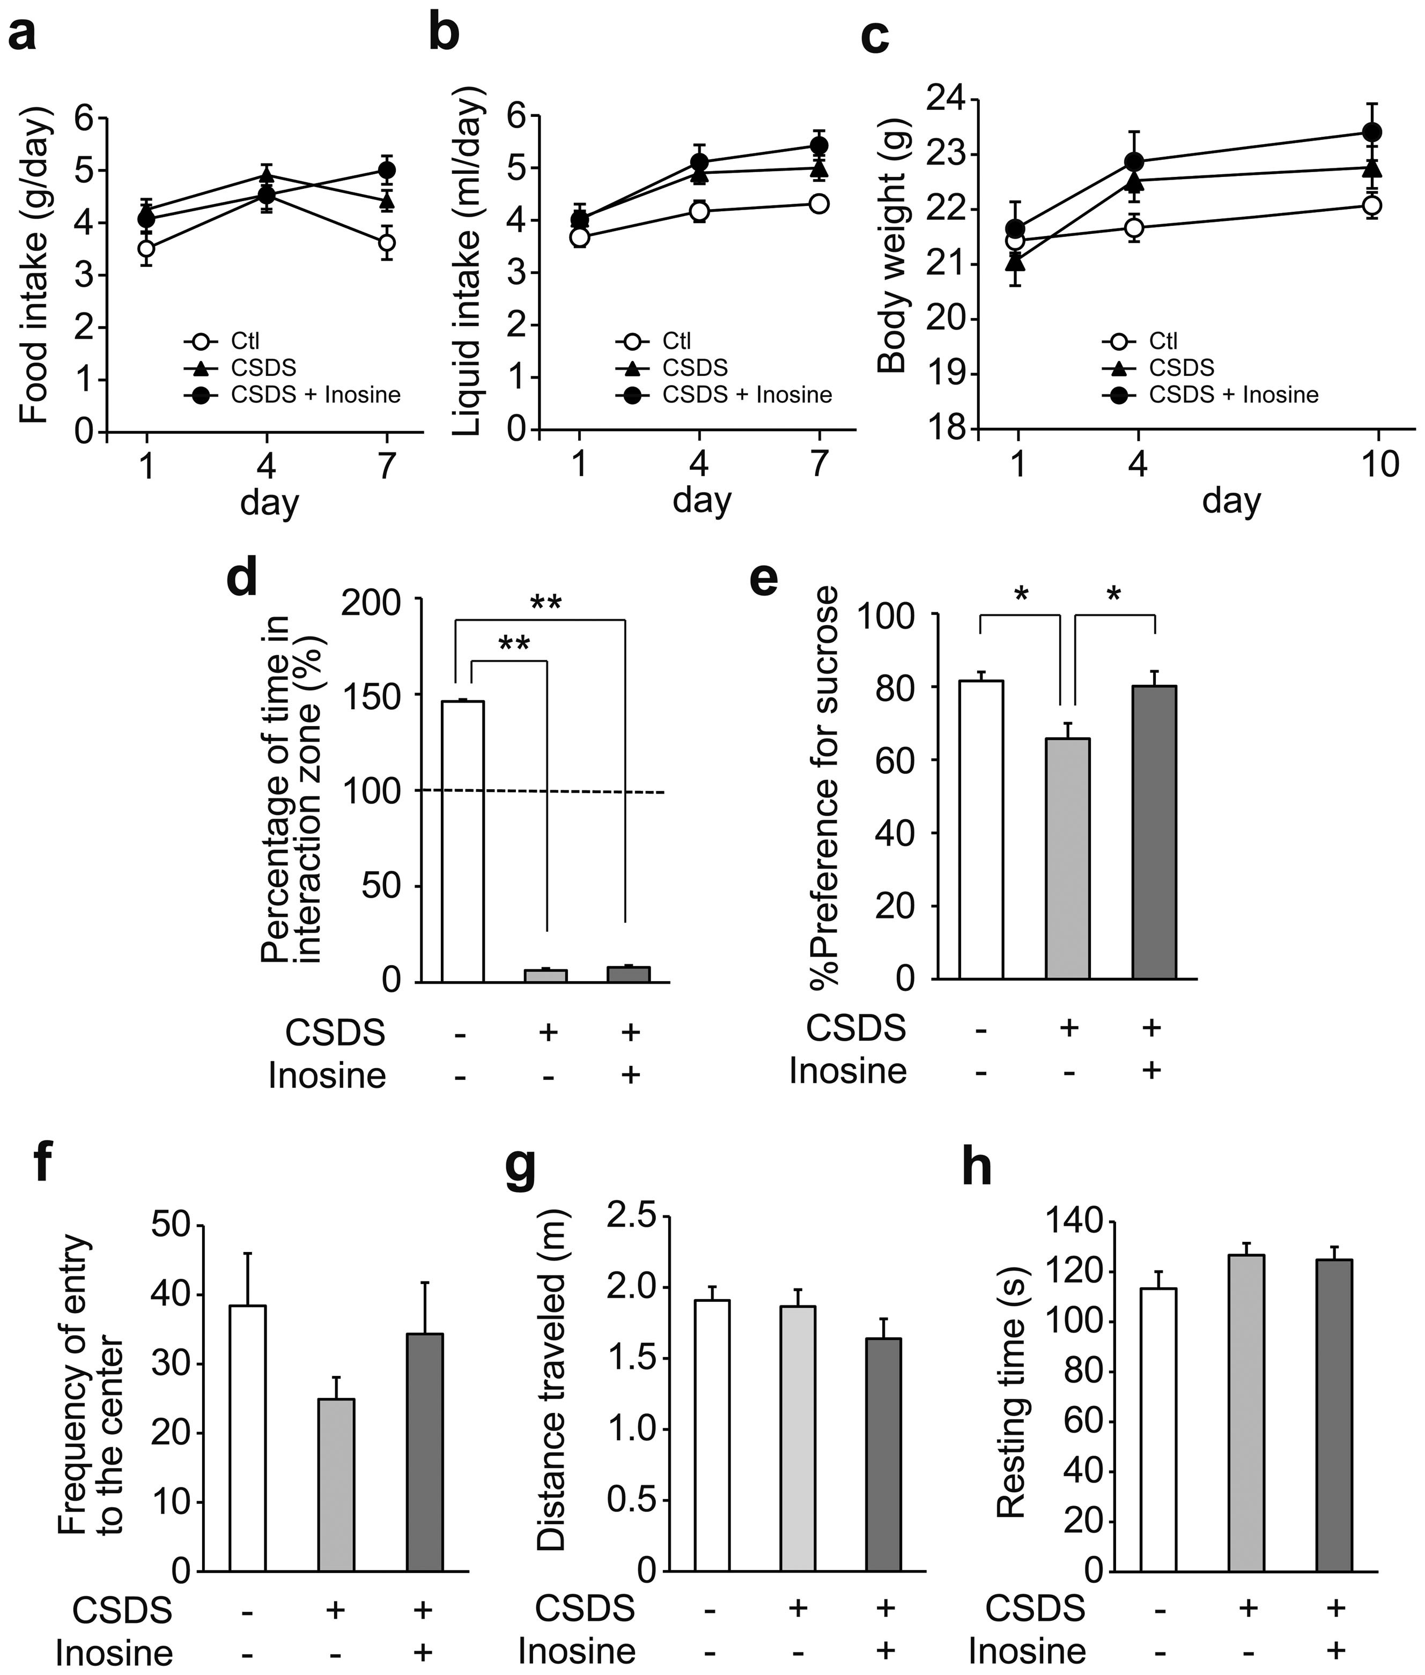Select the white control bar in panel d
click(462, 840)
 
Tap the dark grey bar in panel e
click(1154, 832)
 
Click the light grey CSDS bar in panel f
click(336, 1485)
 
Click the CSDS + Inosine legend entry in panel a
click(315, 395)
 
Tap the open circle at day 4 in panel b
click(699, 212)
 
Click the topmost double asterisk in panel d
click(546, 603)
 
